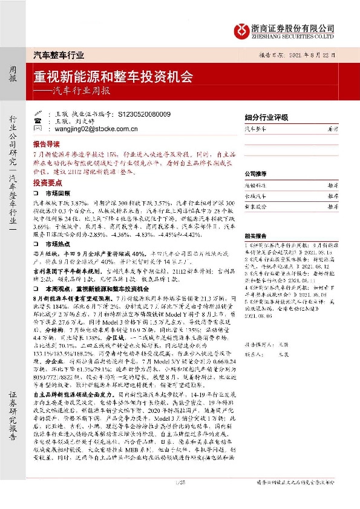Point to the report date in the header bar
click(x=301, y=55)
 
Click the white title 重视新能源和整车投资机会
click(x=114, y=77)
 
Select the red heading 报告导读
click(x=47, y=145)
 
